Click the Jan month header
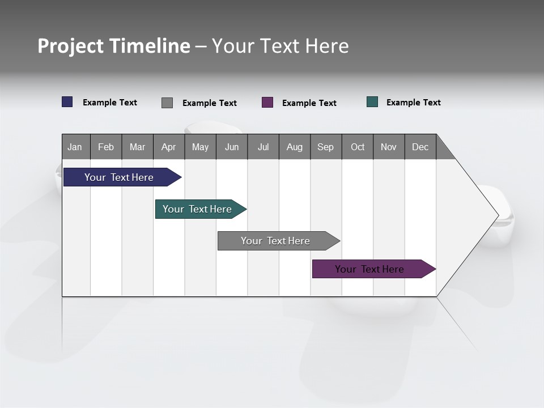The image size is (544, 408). tap(75, 147)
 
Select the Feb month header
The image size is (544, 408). tap(106, 147)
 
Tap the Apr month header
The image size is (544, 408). tap(169, 147)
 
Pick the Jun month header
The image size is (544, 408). tap(232, 147)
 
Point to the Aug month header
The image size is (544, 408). tap(295, 147)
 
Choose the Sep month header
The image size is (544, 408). tap(326, 147)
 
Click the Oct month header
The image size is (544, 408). tap(358, 147)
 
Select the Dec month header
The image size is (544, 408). tap(420, 147)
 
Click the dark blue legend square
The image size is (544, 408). tap(67, 102)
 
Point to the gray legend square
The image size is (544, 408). tap(167, 103)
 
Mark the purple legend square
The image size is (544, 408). tap(267, 103)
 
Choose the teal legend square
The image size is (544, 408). tap(372, 102)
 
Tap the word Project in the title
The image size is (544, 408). tap(70, 46)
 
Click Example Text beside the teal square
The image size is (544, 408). tap(413, 103)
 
